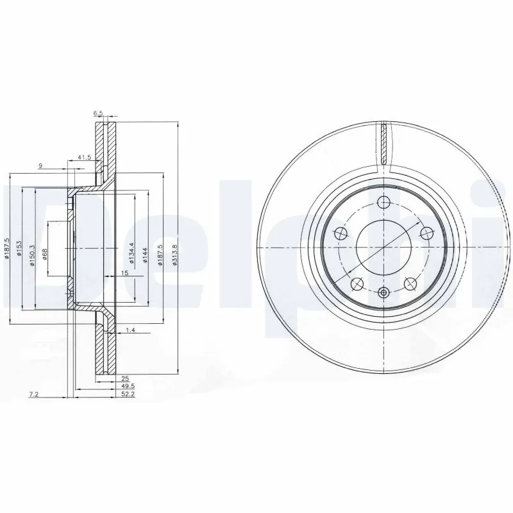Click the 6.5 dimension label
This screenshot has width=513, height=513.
(x=98, y=114)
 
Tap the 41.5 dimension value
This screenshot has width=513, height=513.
(x=83, y=157)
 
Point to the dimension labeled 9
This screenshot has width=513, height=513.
(x=40, y=166)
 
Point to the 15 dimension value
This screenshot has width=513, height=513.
(x=125, y=274)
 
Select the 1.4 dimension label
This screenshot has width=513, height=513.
(x=130, y=330)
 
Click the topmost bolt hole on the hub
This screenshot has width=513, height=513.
(x=383, y=203)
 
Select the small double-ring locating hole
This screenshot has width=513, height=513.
(x=383, y=293)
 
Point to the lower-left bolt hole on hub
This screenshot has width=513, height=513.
(x=357, y=283)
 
